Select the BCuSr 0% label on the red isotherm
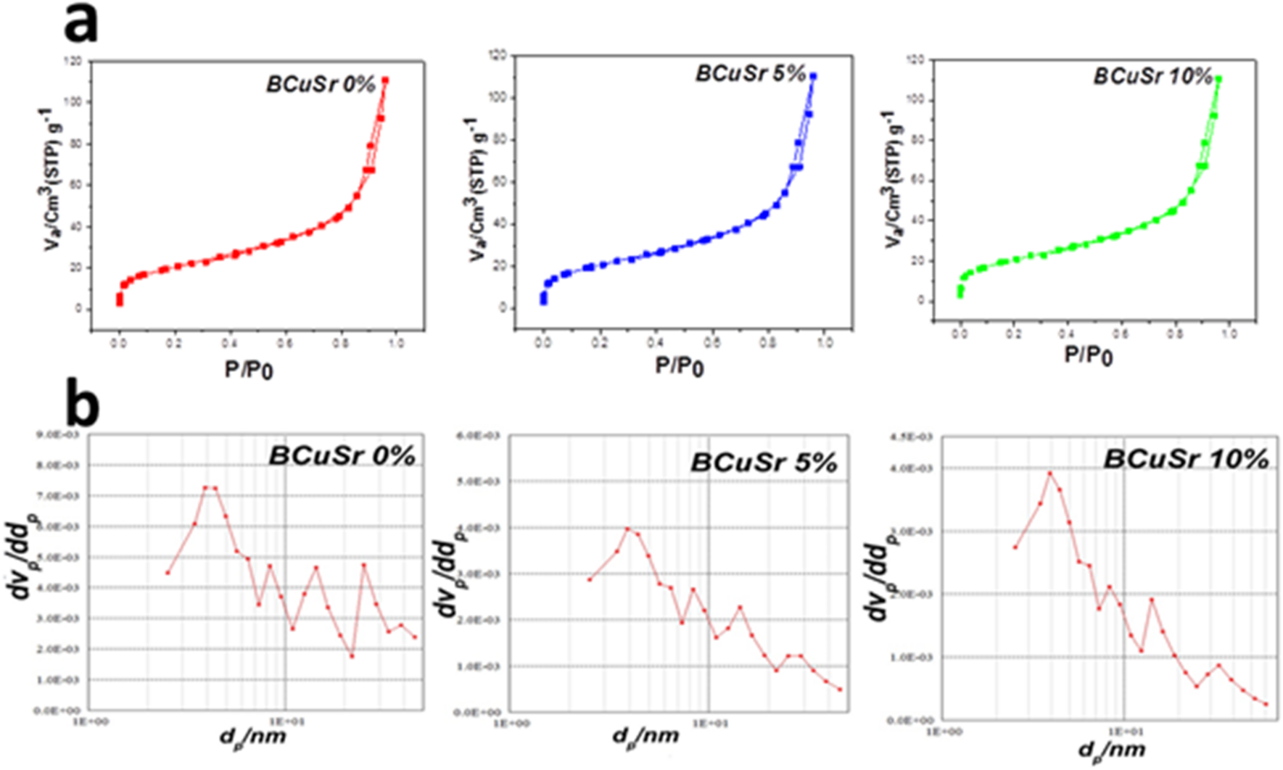pyautogui.click(x=321, y=84)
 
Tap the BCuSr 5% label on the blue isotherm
pyautogui.click(x=751, y=73)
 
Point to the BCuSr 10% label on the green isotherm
pyautogui.click(x=1152, y=76)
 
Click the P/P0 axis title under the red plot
pyautogui.click(x=249, y=370)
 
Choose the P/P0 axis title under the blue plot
pyautogui.click(x=680, y=366)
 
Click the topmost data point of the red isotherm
pyautogui.click(x=385, y=80)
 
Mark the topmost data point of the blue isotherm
pyautogui.click(x=813, y=76)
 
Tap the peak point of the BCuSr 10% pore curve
pyautogui.click(x=1049, y=473)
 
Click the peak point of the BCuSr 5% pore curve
pyautogui.click(x=628, y=529)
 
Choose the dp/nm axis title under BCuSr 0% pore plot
pyautogui.click(x=253, y=737)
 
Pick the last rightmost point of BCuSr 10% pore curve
pyautogui.click(x=1266, y=704)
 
